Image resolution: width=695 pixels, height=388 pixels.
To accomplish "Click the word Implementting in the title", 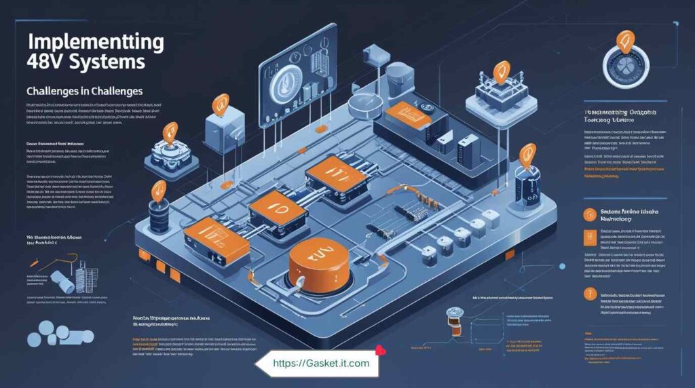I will click(x=94, y=42).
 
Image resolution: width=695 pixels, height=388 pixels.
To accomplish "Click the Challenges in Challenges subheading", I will click(x=83, y=90).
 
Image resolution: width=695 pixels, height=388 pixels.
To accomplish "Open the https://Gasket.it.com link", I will click(x=321, y=364).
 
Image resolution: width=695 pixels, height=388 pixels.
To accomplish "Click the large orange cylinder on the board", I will click(x=317, y=265).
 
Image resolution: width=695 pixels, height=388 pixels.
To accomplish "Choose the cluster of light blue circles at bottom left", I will click(x=58, y=337).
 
